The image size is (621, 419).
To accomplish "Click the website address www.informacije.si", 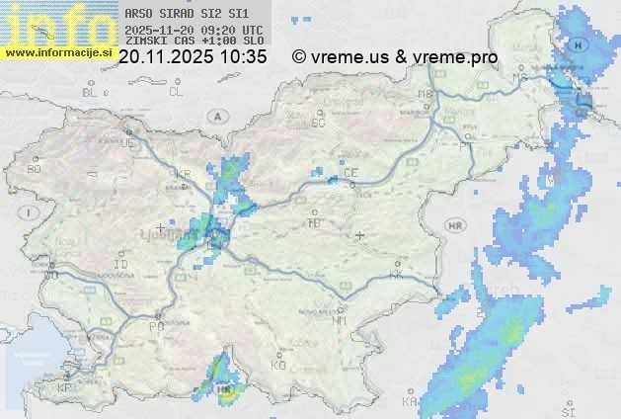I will [x=58, y=51].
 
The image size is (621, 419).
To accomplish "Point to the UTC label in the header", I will [x=252, y=30].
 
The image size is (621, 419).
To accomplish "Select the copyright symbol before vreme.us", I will [x=299, y=57].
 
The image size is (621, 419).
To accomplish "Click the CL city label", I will [x=176, y=92].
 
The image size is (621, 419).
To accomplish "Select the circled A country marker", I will [x=215, y=116].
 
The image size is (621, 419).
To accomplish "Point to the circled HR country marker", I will [x=455, y=225].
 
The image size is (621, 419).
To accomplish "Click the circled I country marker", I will [x=31, y=212].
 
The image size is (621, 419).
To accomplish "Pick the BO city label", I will [x=35, y=169].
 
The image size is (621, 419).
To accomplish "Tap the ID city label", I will [x=121, y=265].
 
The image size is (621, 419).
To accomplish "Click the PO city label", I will [x=155, y=325].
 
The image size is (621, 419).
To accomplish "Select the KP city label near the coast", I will [x=64, y=388].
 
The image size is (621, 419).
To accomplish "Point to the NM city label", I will [x=341, y=320].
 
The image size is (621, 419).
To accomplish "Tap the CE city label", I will [x=349, y=173].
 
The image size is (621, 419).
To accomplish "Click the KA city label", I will [x=410, y=401].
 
